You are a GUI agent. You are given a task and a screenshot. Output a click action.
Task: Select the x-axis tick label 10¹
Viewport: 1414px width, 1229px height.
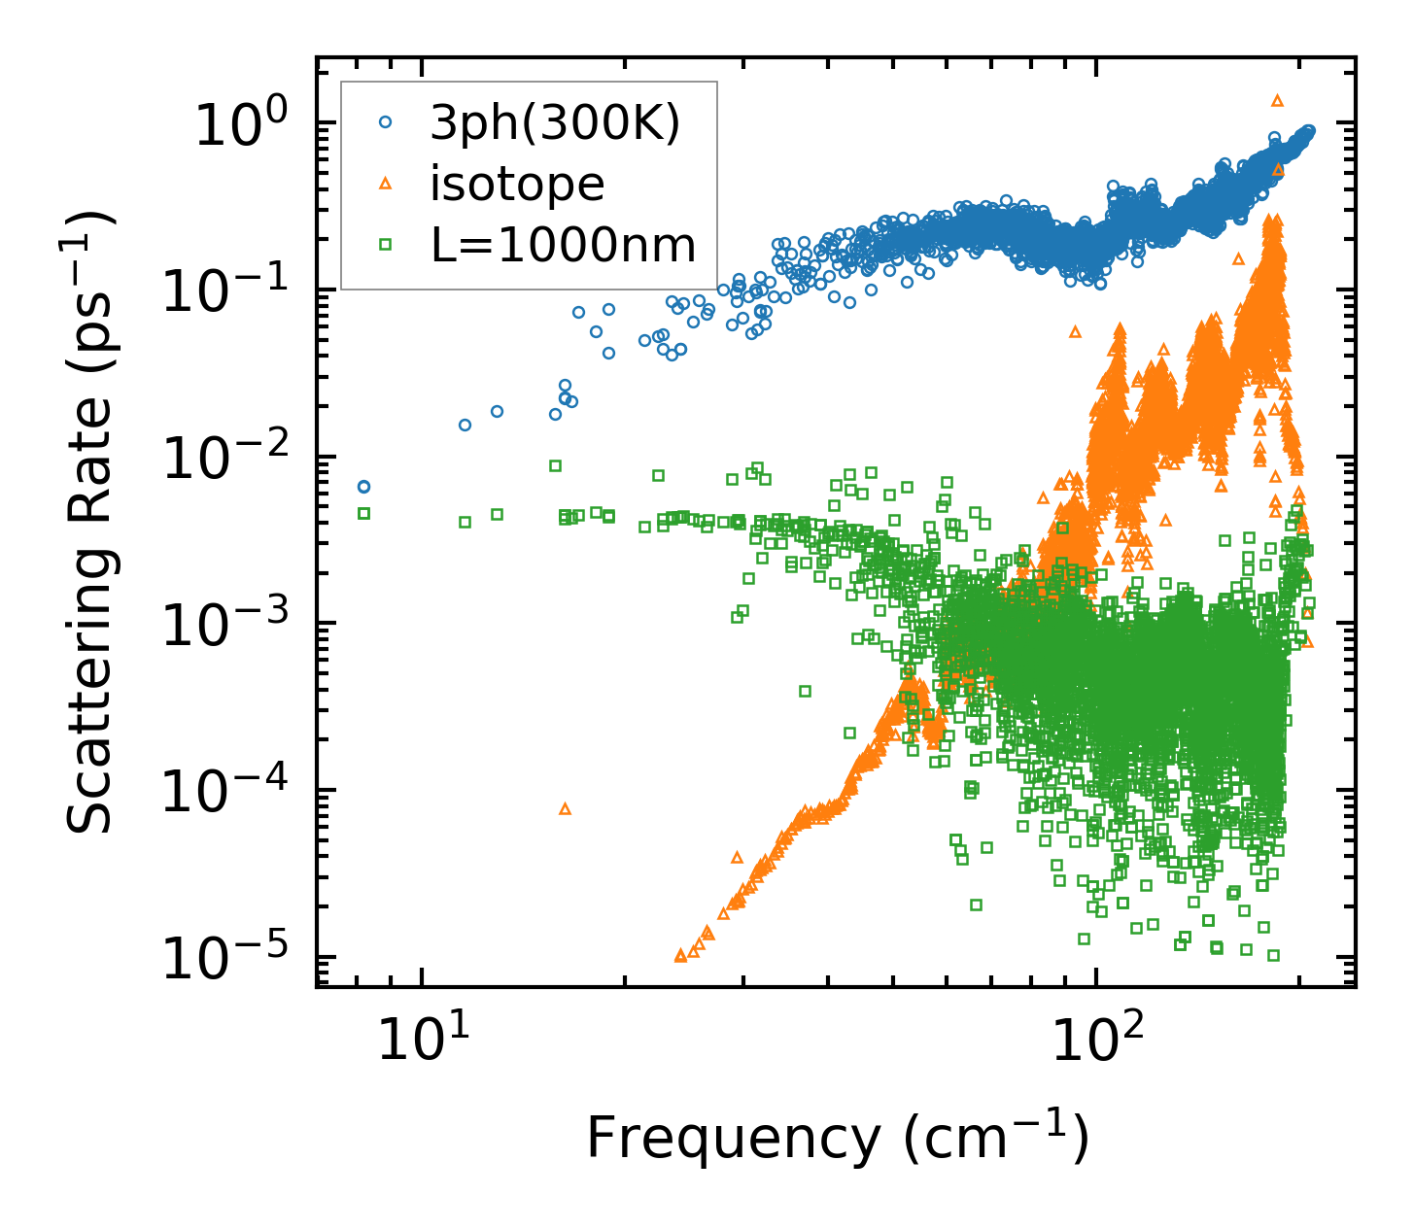point(423,1040)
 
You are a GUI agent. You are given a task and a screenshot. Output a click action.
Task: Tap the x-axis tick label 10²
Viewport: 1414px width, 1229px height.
point(1097,1040)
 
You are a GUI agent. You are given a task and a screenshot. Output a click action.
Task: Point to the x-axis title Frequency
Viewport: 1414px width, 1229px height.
point(836,1139)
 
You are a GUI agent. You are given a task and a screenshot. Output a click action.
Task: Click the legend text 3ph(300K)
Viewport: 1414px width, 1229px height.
point(555,124)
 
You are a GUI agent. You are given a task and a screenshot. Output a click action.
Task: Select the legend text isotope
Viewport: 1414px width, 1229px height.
point(517,184)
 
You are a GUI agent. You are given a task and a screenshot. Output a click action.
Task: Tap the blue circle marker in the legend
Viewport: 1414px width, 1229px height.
point(386,123)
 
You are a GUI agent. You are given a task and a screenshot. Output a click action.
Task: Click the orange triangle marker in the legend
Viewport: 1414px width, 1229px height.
point(386,184)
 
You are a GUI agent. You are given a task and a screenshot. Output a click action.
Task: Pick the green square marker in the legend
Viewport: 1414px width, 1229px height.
point(386,245)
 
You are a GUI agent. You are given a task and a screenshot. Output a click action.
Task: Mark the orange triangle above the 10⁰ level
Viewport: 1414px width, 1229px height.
point(1277,99)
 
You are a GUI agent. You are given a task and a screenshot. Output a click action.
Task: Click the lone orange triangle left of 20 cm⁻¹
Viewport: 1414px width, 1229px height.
point(565,808)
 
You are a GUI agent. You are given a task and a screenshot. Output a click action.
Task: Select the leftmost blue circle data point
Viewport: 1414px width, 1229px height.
point(363,487)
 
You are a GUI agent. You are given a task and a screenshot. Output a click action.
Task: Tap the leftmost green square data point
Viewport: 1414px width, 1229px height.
point(363,513)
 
